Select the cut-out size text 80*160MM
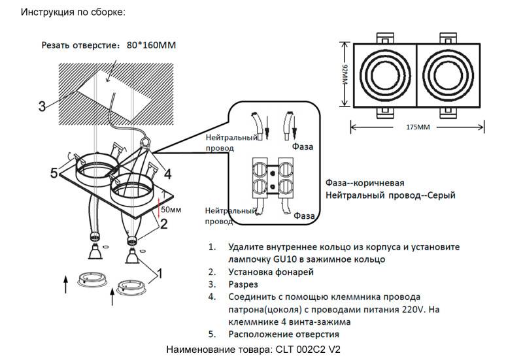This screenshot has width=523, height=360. click(152, 46)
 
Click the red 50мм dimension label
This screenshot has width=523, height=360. click(171, 210)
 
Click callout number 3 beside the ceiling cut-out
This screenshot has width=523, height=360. click(42, 106)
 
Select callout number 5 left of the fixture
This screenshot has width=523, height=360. click(55, 173)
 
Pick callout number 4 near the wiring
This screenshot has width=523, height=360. click(167, 174)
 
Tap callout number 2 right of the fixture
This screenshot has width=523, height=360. click(164, 223)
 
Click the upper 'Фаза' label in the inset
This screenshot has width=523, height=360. click(303, 147)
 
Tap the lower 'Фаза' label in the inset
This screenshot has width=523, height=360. click(305, 215)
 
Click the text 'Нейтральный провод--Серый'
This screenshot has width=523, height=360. click(390, 195)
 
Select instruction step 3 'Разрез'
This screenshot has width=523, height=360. click(243, 285)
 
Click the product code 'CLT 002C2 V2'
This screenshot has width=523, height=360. click(309, 350)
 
